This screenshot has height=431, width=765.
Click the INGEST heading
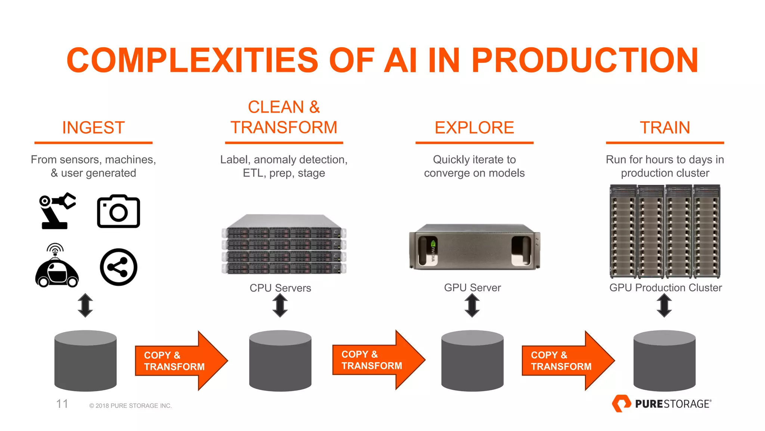(93, 128)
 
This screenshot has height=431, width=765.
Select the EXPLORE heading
(474, 128)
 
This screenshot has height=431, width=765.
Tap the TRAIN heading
(665, 128)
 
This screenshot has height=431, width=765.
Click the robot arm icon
(57, 211)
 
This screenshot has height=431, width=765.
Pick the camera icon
(118, 211)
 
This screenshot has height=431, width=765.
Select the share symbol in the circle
(118, 267)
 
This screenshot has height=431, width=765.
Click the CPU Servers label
(280, 288)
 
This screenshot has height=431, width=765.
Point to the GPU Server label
(472, 288)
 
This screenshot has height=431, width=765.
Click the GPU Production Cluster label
(665, 288)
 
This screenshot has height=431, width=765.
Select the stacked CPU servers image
(284, 245)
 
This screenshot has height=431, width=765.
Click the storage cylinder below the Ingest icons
(86, 361)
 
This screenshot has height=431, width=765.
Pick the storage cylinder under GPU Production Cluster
(664, 361)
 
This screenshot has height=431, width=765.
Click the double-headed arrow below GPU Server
(472, 305)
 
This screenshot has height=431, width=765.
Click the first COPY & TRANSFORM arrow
(179, 361)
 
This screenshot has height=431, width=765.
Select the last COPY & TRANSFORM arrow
(566, 361)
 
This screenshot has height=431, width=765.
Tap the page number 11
(62, 404)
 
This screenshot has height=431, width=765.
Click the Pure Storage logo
(662, 404)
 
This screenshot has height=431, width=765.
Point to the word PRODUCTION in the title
(585, 60)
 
